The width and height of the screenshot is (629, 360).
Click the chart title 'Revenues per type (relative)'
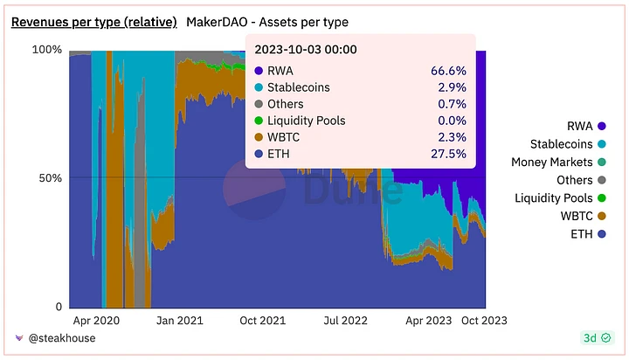[93, 21]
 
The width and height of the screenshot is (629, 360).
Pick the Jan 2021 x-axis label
[179, 321]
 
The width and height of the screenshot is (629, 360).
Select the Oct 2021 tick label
[262, 321]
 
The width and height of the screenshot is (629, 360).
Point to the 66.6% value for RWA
[448, 71]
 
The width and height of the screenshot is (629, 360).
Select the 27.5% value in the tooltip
[448, 154]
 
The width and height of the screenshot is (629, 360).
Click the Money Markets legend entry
[552, 163]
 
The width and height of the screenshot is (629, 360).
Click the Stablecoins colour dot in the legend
[602, 144]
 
